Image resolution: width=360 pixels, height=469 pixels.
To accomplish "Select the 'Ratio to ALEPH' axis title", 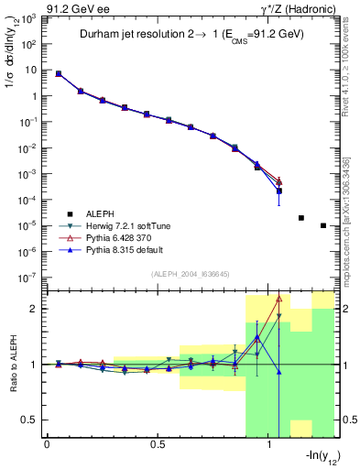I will click(12, 364).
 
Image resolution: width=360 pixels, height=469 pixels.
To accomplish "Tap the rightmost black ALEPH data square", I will click(323, 225).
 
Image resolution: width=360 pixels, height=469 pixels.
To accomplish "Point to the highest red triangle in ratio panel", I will click(279, 298).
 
